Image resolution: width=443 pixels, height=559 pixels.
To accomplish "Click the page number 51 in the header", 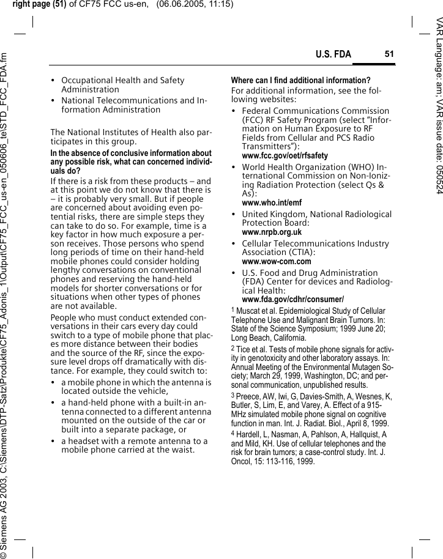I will click(389, 54).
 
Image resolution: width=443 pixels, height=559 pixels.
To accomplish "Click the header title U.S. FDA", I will click(333, 55).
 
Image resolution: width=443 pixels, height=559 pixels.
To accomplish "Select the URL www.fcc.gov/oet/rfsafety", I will click(285, 156).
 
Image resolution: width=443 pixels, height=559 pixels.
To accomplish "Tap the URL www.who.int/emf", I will click(272, 202).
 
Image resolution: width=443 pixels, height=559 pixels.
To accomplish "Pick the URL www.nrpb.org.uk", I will click(272, 232).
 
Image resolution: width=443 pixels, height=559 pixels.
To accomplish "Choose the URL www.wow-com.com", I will click(277, 262).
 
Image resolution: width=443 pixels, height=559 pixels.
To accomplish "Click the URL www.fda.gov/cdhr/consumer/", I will click(292, 299).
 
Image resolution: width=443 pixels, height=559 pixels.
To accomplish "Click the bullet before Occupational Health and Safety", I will click(54, 81).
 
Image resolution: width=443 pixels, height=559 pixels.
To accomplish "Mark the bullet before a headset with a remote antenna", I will click(54, 442).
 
